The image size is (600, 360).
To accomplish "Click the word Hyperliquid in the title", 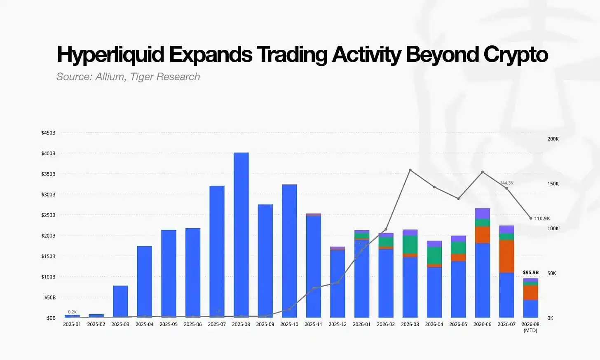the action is (x=110, y=55).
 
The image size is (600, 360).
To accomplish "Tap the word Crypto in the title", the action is (x=516, y=55).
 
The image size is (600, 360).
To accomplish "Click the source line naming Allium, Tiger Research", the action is (x=128, y=77).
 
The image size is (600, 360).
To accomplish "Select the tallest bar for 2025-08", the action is (x=241, y=235).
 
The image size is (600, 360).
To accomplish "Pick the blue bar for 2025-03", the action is (x=120, y=302).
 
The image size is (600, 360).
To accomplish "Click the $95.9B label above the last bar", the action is (x=531, y=273).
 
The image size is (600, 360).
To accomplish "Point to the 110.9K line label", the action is (x=542, y=218).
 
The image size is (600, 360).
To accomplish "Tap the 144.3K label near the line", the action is (x=506, y=183).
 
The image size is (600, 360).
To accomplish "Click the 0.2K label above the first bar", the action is (x=73, y=312).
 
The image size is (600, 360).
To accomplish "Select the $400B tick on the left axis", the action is (x=48, y=153).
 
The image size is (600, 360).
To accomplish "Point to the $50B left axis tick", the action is (x=50, y=297).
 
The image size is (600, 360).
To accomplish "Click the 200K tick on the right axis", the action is (x=553, y=139).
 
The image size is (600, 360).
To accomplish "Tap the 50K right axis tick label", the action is (x=552, y=273).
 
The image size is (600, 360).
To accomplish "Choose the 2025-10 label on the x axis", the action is (x=289, y=325).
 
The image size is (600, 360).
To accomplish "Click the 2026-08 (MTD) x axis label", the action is (x=530, y=327).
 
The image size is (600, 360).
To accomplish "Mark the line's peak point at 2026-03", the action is (x=410, y=170).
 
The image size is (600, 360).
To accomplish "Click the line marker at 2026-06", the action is (x=483, y=172).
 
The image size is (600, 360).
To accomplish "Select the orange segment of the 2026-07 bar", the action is (x=506, y=256).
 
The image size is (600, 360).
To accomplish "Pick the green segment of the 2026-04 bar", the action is (x=434, y=255).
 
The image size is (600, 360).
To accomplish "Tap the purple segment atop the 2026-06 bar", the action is (x=483, y=214).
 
